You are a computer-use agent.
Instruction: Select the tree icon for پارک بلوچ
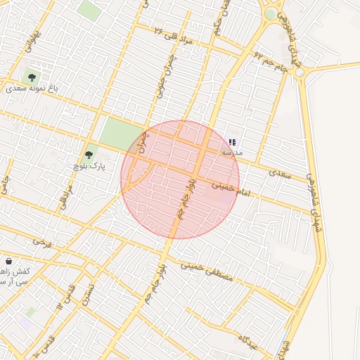pyautogui.click(x=89, y=155)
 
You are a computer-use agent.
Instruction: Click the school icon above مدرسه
pyautogui.click(x=232, y=141)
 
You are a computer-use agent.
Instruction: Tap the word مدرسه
pyautogui.click(x=232, y=152)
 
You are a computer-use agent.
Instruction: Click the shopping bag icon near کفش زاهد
pyautogui.click(x=8, y=261)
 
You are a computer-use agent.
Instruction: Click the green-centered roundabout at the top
pyautogui.click(x=271, y=14)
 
